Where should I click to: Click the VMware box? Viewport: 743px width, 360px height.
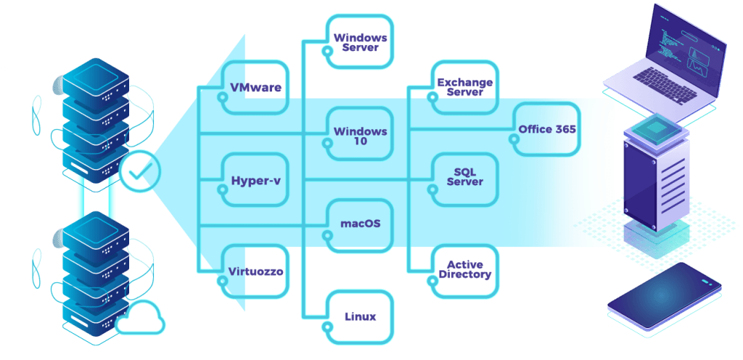coord(255,88)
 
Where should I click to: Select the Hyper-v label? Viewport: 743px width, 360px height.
coord(256,181)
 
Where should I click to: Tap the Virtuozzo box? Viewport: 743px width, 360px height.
coord(255,271)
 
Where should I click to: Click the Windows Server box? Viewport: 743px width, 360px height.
coord(360,41)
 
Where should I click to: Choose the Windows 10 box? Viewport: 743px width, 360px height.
coord(360,134)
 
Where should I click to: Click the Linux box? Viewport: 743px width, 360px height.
coord(360,317)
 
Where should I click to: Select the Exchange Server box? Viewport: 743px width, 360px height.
coord(465,88)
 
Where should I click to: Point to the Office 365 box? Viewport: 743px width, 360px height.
coord(546,129)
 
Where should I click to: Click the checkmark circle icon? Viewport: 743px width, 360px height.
coord(140,171)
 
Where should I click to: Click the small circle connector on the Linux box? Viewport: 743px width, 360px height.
coord(327,327)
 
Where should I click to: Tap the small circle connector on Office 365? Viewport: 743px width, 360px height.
coord(513,139)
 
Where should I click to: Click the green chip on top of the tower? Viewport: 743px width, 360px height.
coord(654,126)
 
